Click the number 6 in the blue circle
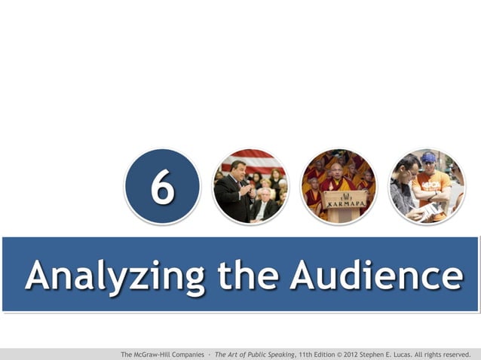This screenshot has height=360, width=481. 162,188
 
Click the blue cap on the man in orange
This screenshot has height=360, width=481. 428,157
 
